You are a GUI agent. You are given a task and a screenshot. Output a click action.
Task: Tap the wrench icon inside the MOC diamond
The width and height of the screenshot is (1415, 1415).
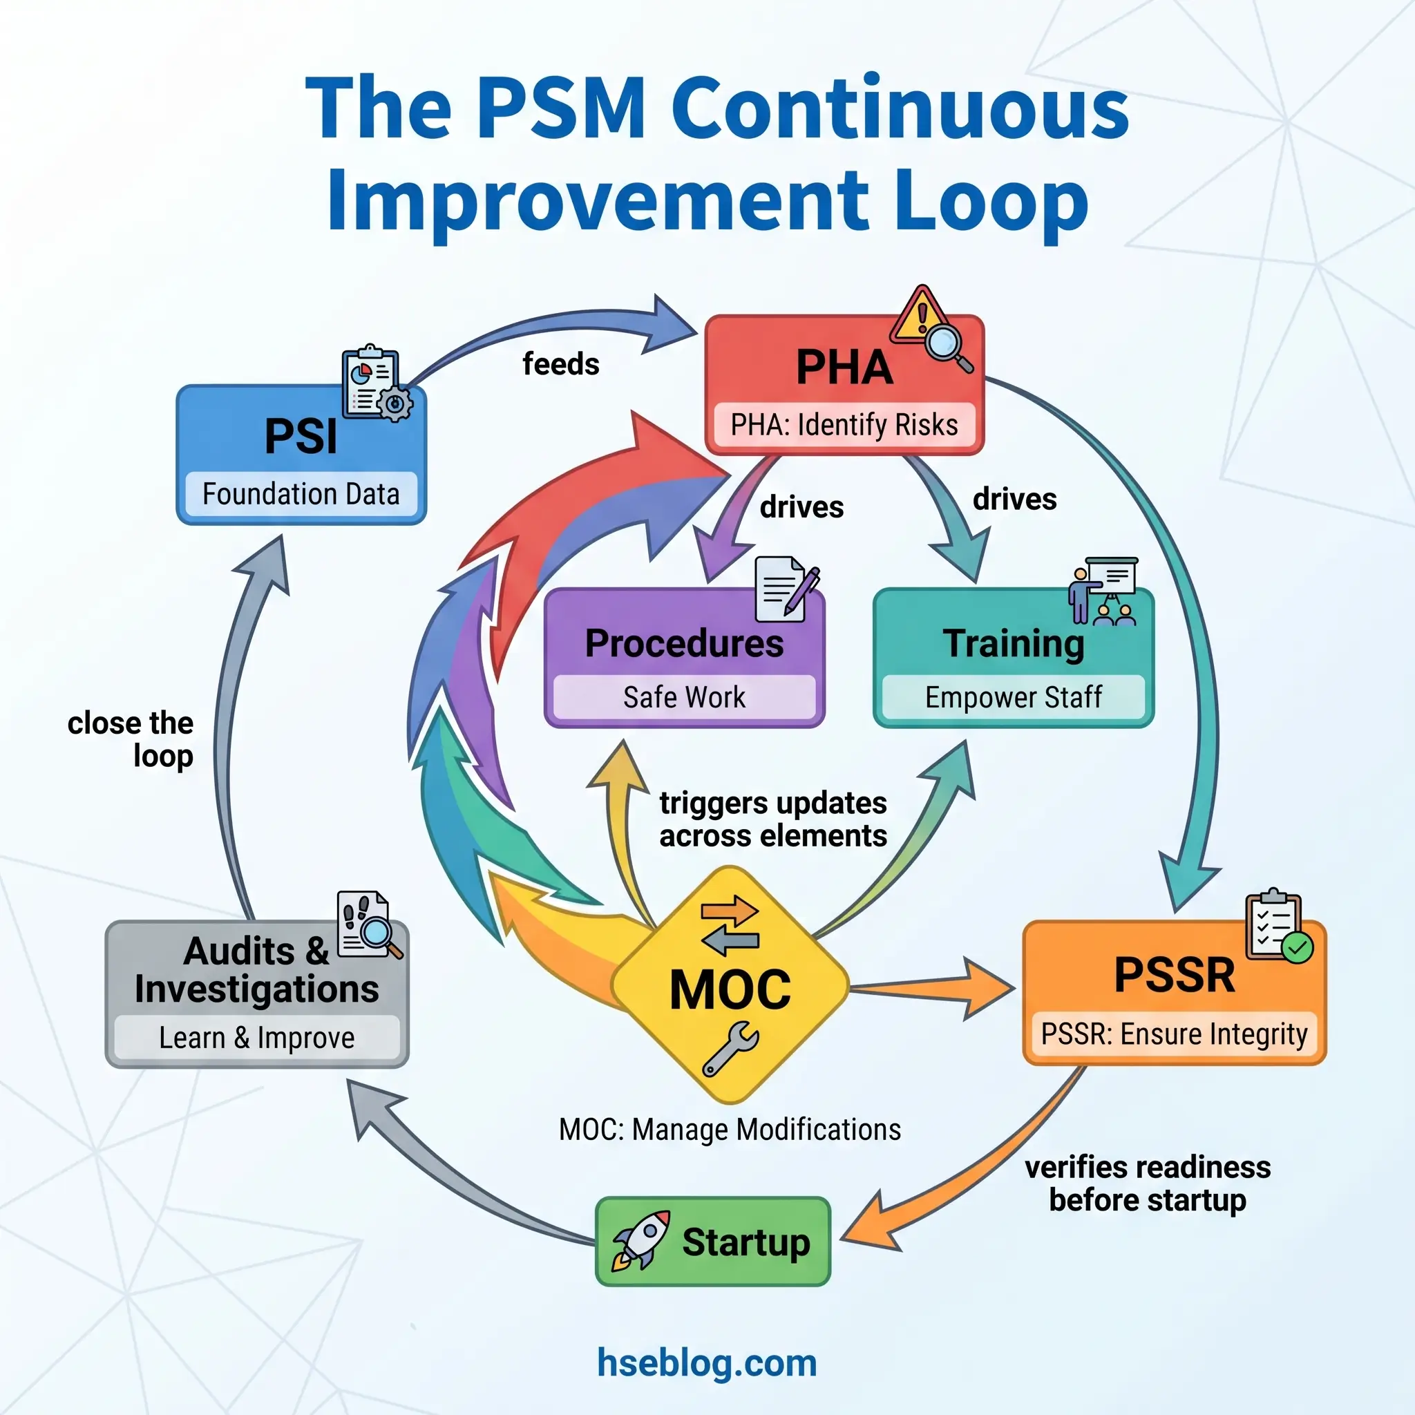point(730,1049)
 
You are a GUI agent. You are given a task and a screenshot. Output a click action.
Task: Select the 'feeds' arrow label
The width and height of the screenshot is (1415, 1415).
point(560,364)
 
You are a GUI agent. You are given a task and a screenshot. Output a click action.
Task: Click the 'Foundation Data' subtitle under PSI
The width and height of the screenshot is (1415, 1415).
point(301,495)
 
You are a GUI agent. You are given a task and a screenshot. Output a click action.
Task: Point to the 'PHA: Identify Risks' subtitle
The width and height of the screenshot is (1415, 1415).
point(844,425)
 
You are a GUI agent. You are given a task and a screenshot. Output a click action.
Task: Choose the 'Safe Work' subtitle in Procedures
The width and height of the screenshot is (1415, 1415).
point(684,697)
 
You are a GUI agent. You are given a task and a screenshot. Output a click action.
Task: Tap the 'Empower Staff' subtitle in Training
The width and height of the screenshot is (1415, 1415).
point(1013,697)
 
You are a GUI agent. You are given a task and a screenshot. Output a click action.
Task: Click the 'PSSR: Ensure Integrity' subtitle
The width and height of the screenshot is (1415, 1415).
point(1174,1034)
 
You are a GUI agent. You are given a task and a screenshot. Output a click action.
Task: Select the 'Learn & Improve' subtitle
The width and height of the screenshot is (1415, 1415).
point(257,1038)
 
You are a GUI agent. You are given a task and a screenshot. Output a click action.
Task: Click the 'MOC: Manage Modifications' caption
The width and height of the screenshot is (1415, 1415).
point(730,1130)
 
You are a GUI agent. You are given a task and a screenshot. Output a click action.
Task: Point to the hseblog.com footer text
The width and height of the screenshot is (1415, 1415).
point(707,1363)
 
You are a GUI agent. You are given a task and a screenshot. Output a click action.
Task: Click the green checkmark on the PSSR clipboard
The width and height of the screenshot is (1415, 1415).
point(1298,948)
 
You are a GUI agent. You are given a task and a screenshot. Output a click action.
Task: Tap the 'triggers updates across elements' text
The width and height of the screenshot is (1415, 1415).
point(772,819)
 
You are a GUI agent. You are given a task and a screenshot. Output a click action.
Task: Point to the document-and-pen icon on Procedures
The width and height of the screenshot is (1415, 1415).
point(785,589)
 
